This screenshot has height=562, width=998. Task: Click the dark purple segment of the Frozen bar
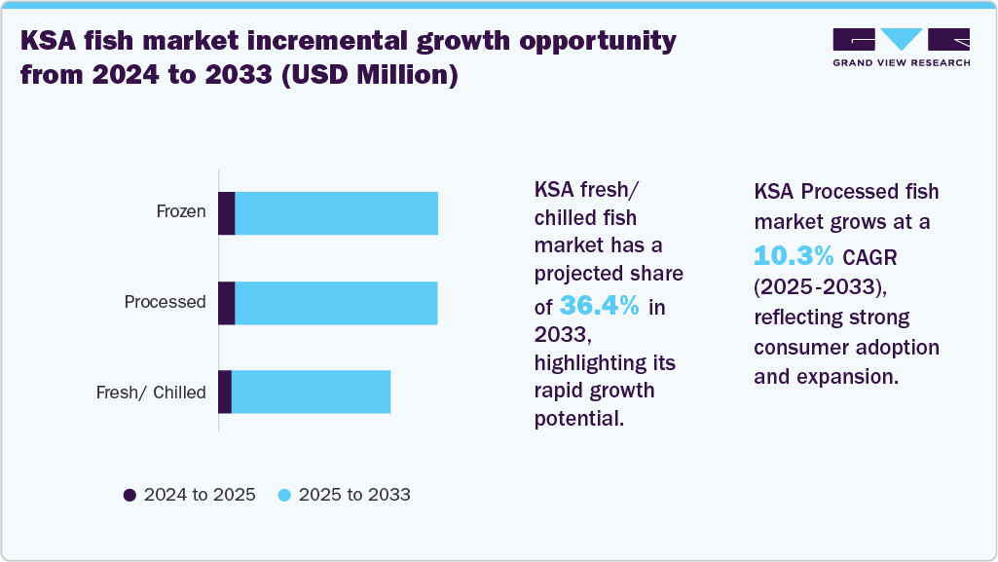pos(226,213)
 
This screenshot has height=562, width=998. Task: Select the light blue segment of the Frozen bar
pos(336,213)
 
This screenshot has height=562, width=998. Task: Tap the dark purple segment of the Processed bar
pos(226,303)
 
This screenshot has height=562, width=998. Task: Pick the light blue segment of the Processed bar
pos(336,303)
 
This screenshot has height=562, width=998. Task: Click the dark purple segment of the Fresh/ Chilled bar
pos(225,392)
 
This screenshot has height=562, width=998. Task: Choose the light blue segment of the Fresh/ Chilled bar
pos(311,392)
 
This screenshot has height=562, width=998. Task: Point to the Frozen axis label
pos(181,211)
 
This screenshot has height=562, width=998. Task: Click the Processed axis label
pos(165,302)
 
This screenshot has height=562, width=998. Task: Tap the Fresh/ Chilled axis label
pos(151,393)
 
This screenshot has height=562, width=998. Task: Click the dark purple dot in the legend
pos(129,495)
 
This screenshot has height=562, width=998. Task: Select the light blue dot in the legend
pos(284,495)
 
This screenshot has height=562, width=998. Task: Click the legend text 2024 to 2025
pos(200,495)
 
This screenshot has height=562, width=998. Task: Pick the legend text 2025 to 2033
pos(354,495)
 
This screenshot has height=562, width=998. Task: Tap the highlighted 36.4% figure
pos(600,306)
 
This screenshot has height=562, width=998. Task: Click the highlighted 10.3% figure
pos(794,256)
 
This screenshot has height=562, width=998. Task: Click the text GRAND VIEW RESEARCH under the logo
pos(901,62)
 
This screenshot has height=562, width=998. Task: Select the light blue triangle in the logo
pos(901,39)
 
